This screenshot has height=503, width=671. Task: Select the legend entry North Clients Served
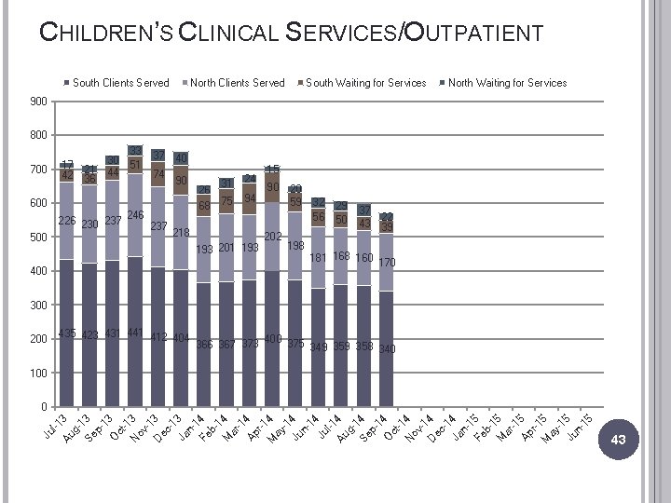(237, 83)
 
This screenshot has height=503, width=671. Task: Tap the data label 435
(67, 333)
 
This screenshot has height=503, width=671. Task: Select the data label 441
(135, 333)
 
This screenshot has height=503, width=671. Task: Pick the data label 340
(387, 349)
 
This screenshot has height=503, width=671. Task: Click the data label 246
(135, 215)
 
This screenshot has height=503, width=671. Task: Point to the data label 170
(387, 263)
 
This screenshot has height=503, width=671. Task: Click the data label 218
(181, 232)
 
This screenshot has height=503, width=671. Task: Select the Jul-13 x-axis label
(56, 427)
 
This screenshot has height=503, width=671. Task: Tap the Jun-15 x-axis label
(580, 427)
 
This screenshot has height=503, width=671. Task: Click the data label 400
(272, 338)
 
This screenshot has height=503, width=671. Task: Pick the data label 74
(158, 174)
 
